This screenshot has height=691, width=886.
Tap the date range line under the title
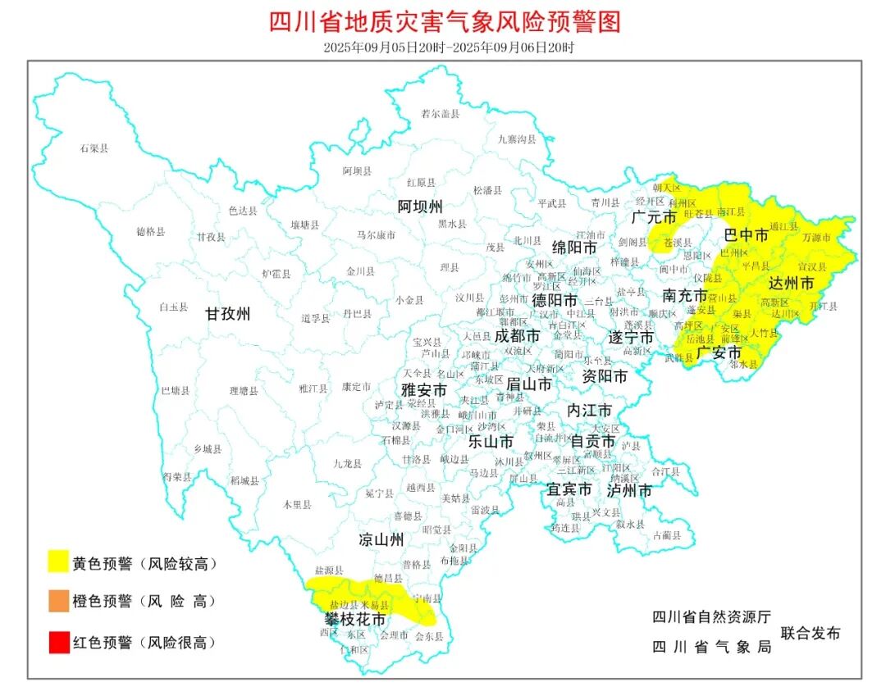point(444,47)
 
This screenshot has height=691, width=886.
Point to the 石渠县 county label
point(94,148)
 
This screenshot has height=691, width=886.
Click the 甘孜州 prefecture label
point(227,313)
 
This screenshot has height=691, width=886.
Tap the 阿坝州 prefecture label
point(420,205)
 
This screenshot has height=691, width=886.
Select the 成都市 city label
point(518,335)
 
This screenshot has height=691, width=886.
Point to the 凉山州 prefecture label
point(381,539)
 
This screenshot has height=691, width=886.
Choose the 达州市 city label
point(791,283)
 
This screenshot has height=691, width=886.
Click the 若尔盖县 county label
point(440,114)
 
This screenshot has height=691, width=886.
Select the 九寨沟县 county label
point(517,139)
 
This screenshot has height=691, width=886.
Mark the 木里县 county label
point(297,505)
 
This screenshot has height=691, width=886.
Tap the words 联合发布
point(811,633)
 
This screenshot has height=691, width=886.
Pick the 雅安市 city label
point(423,390)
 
